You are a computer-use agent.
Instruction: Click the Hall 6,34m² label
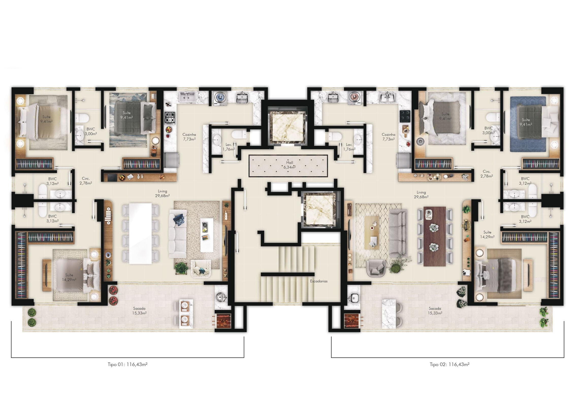click(289, 165)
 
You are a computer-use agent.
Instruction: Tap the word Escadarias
click(319, 281)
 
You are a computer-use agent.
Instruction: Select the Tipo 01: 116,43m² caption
click(127, 364)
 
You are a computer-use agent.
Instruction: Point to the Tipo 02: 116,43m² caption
click(449, 364)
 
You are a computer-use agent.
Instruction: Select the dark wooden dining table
click(435, 236)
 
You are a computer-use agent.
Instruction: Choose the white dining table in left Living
click(140, 233)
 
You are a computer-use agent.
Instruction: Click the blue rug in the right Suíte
click(528, 124)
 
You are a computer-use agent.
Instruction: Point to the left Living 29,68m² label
click(162, 193)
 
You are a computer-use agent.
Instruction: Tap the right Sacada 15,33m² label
click(435, 311)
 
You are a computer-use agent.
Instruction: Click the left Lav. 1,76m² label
click(229, 147)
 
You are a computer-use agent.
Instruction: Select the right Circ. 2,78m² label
click(487, 174)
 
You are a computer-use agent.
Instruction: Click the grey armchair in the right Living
click(376, 268)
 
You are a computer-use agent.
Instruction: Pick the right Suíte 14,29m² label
click(487, 235)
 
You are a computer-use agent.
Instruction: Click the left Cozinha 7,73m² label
click(189, 137)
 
